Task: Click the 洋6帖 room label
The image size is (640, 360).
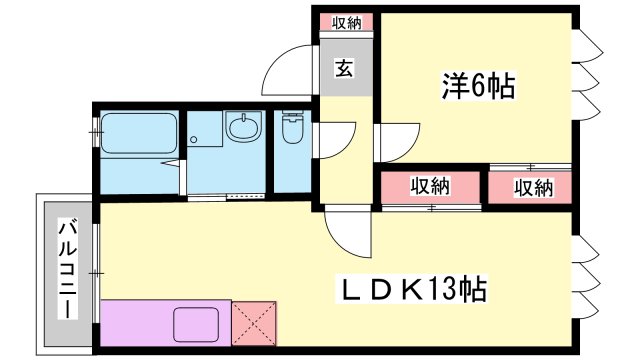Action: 478,86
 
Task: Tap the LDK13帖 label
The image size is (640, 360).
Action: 411,289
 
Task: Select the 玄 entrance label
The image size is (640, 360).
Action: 344,68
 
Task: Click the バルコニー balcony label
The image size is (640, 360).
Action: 68,269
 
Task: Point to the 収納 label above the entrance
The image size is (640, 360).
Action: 346,22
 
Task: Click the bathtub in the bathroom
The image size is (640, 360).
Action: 139,133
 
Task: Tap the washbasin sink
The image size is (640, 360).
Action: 244,127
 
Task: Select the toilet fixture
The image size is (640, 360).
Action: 293,127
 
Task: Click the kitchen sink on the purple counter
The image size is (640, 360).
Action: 196,324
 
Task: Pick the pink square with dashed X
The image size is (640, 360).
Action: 254,323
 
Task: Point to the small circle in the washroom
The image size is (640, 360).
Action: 193,140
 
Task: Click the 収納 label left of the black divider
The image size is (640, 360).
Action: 430,186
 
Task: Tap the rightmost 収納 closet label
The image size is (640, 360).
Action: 533,188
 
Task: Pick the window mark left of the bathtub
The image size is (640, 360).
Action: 96,132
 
